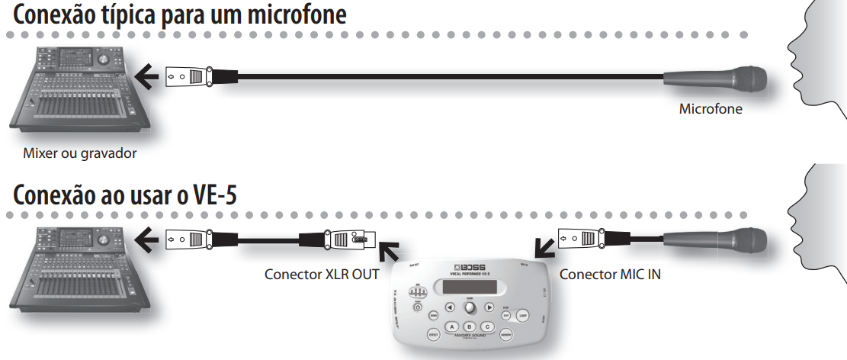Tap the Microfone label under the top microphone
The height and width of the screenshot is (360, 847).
coord(711,109)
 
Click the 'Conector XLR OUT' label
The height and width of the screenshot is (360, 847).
coord(321,274)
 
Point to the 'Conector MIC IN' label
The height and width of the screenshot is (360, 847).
coord(610,274)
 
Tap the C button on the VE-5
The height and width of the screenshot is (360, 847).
coord(488,326)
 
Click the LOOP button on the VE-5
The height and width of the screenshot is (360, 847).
coord(522,314)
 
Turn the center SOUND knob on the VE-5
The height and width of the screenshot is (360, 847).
coord(470,307)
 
